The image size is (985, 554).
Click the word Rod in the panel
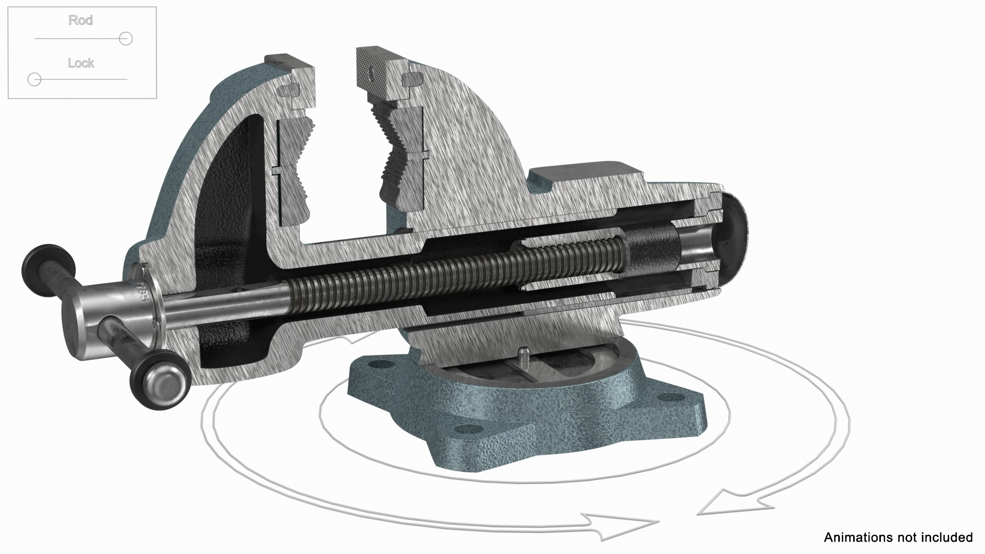(x=81, y=21)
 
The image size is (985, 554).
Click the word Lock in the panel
(x=81, y=63)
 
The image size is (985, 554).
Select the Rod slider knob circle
(x=126, y=38)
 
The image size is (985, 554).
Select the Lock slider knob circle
(x=34, y=80)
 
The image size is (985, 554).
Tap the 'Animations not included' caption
(x=898, y=537)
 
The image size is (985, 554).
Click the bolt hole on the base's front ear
(x=464, y=429)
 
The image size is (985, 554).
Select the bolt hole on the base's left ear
(x=380, y=364)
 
